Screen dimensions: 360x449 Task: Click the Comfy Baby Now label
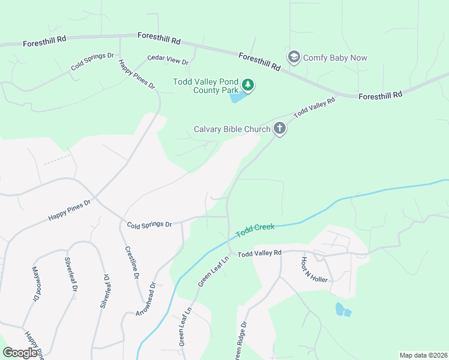[335, 58]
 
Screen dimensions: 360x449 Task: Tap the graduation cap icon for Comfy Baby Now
[294, 58]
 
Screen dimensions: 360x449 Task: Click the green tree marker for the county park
[248, 86]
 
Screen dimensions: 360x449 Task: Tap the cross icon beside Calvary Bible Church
[279, 128]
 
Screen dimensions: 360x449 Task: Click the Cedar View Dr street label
[168, 61]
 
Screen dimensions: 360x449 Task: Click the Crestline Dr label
[132, 263]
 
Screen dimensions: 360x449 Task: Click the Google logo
[20, 353]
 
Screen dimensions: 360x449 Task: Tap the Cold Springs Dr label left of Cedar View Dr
[92, 61]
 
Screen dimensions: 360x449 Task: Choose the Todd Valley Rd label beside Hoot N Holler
[259, 254]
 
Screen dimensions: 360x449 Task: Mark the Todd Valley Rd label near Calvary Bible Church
[314, 107]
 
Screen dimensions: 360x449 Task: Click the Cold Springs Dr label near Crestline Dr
[149, 224]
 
